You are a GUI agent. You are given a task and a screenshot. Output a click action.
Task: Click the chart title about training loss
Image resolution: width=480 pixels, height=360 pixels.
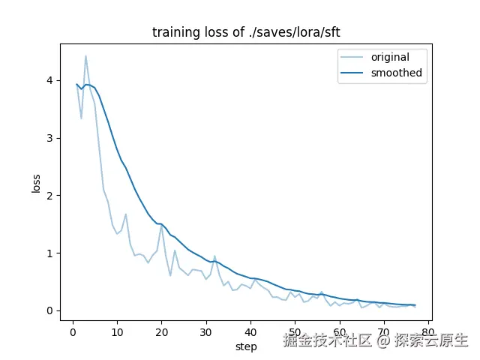tap(239, 32)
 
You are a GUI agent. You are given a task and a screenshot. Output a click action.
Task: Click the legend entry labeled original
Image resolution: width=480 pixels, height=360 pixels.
tap(391, 57)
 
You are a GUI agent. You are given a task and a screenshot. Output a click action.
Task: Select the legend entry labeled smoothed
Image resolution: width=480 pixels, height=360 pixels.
tap(396, 73)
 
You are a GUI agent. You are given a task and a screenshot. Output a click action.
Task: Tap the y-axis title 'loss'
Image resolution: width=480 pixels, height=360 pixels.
tap(36, 182)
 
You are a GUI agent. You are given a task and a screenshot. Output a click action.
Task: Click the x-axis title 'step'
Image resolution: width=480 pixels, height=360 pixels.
tap(246, 346)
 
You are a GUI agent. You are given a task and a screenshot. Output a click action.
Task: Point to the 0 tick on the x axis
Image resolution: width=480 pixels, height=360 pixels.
tap(73, 331)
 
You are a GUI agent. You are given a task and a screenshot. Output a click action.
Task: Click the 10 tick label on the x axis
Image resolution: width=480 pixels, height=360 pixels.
tap(117, 331)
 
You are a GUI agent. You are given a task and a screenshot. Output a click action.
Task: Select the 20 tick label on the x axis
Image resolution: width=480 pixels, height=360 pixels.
tap(161, 331)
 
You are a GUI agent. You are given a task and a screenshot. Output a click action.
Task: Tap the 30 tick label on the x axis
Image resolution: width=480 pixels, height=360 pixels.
tap(206, 331)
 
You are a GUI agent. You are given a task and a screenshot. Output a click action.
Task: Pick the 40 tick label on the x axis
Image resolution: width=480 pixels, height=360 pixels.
tap(250, 331)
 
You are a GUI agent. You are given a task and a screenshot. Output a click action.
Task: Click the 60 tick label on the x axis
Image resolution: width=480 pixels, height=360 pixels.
tap(339, 331)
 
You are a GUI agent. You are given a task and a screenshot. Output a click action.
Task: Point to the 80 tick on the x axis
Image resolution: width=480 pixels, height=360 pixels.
tap(428, 331)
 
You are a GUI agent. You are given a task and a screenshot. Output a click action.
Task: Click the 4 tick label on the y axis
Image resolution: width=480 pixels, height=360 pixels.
tap(49, 80)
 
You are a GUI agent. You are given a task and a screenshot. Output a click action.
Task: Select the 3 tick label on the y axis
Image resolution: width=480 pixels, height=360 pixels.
tap(49, 138)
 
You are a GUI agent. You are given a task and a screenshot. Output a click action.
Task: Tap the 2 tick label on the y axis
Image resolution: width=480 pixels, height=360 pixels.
tap(49, 196)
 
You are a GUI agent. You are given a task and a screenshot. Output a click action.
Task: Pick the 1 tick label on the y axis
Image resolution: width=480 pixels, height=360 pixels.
tap(49, 253)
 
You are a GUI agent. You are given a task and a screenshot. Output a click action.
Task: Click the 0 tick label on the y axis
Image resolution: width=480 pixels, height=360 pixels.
tap(49, 311)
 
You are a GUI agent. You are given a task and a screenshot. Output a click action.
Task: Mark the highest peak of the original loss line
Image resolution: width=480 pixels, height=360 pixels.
tap(85, 55)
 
